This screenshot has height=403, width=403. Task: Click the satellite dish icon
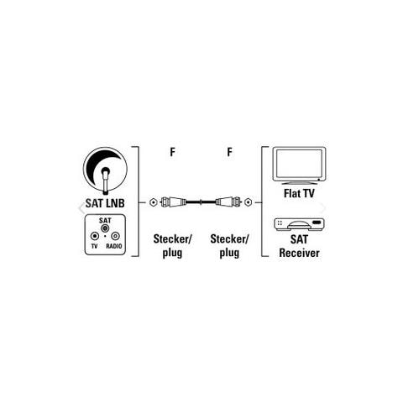click(x=105, y=170)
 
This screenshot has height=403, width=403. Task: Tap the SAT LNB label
click(x=105, y=203)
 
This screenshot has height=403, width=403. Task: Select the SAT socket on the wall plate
click(x=105, y=228)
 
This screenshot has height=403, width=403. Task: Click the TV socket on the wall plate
click(x=95, y=236)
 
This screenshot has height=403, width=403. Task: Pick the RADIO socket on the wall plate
click(x=115, y=236)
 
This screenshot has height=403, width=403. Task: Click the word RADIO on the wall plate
click(x=114, y=246)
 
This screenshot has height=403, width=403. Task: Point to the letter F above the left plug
click(x=173, y=152)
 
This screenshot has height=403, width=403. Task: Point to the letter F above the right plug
click(x=230, y=152)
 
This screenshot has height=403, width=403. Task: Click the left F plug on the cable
click(x=174, y=201)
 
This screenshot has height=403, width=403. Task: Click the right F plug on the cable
click(x=228, y=201)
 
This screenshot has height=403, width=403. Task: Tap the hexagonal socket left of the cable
click(x=153, y=202)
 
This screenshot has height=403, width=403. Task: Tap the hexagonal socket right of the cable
click(x=248, y=202)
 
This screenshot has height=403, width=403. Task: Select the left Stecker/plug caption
click(x=172, y=246)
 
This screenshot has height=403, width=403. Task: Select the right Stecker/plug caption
click(x=229, y=246)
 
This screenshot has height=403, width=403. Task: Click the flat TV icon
click(x=300, y=165)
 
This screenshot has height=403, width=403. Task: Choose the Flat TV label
click(x=299, y=193)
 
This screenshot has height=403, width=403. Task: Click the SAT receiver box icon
click(x=299, y=225)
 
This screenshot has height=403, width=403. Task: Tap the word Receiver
click(x=299, y=253)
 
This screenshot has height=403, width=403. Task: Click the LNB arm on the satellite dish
click(x=106, y=181)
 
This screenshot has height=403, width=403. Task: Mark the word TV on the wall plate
click(x=94, y=246)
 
